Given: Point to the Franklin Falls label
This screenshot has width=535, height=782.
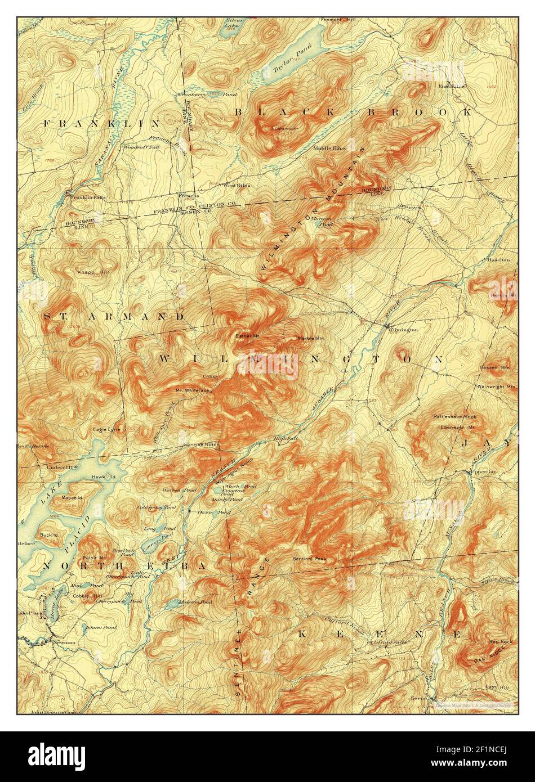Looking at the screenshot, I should [x=87, y=197].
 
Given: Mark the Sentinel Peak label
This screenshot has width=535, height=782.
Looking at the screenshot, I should [x=309, y=559].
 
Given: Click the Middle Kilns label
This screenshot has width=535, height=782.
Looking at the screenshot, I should [x=330, y=148].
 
